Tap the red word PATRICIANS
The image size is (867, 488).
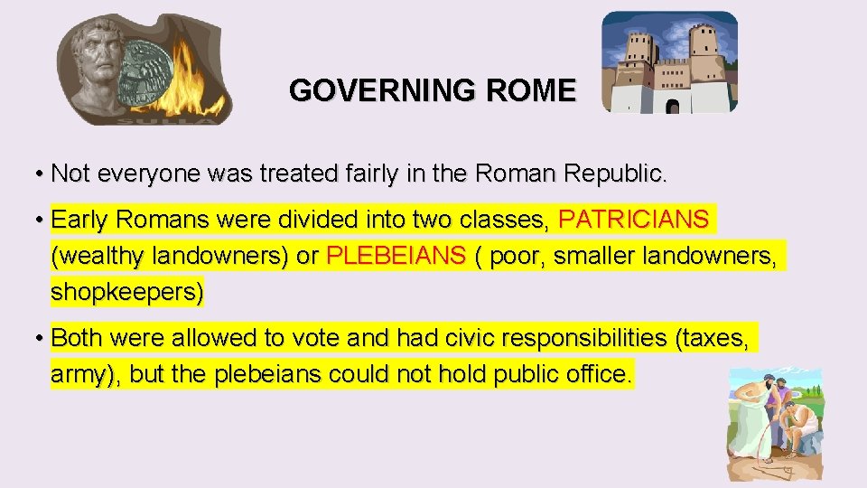coord(634,220)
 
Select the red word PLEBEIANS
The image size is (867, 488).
coord(397,257)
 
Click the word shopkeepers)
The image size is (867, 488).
coord(128,293)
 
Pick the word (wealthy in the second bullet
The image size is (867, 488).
coord(98,257)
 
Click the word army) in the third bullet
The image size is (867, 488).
coord(87,374)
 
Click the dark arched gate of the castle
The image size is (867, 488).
coord(672,107)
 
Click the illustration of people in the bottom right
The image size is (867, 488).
coord(777,420)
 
